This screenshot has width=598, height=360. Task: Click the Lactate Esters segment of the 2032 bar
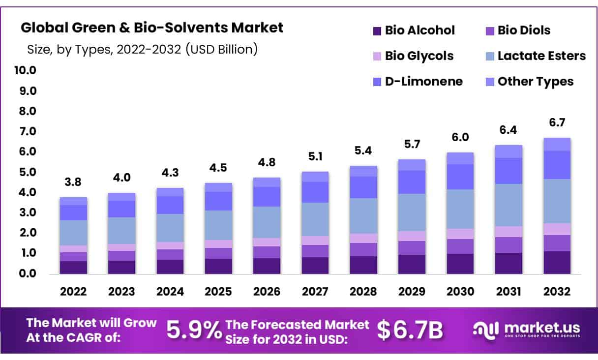tap(557, 201)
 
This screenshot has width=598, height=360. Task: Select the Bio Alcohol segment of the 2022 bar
tap(74, 267)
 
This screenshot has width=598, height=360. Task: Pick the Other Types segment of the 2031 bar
tap(508, 151)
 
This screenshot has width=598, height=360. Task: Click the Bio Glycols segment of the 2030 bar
tap(460, 234)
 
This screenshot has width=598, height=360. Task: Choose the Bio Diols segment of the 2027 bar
tap(315, 251)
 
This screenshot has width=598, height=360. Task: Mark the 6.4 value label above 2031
tap(508, 131)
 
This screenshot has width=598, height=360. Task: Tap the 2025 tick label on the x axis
tap(218, 292)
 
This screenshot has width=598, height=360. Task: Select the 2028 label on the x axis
tap(363, 292)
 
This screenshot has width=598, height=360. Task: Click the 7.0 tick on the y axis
tap(28, 131)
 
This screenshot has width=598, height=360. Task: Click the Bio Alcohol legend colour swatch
tap(377, 31)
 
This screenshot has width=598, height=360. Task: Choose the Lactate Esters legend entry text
tap(541, 56)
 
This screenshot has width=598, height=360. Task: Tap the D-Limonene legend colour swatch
tap(377, 82)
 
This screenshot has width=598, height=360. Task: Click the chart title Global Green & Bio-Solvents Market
tap(152, 28)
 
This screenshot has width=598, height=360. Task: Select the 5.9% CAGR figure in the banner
tap(194, 330)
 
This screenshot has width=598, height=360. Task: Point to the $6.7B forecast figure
tap(410, 330)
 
